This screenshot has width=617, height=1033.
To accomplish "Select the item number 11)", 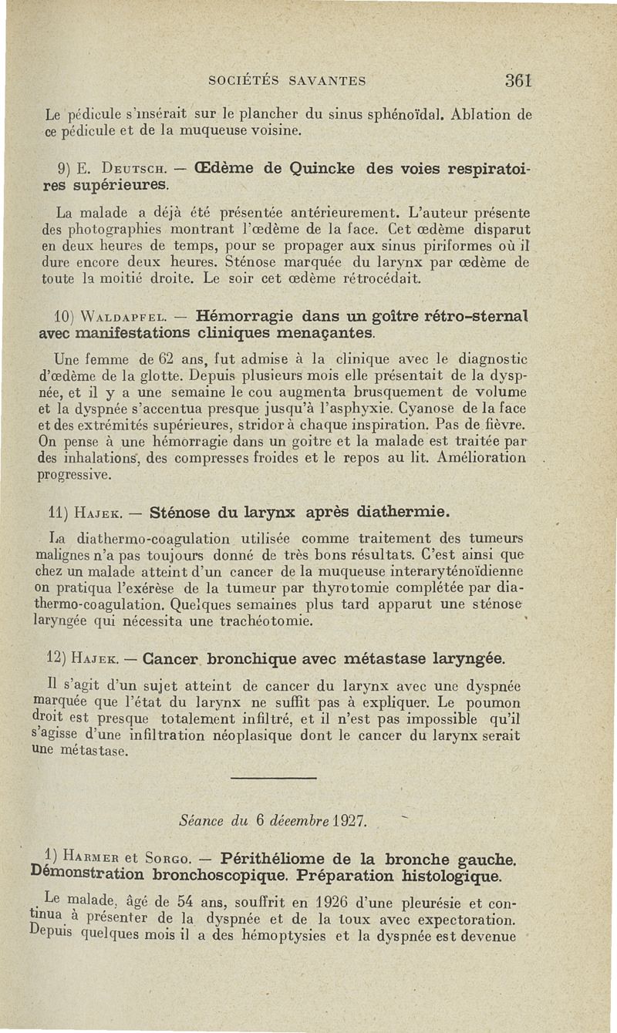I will [x=58, y=512].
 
